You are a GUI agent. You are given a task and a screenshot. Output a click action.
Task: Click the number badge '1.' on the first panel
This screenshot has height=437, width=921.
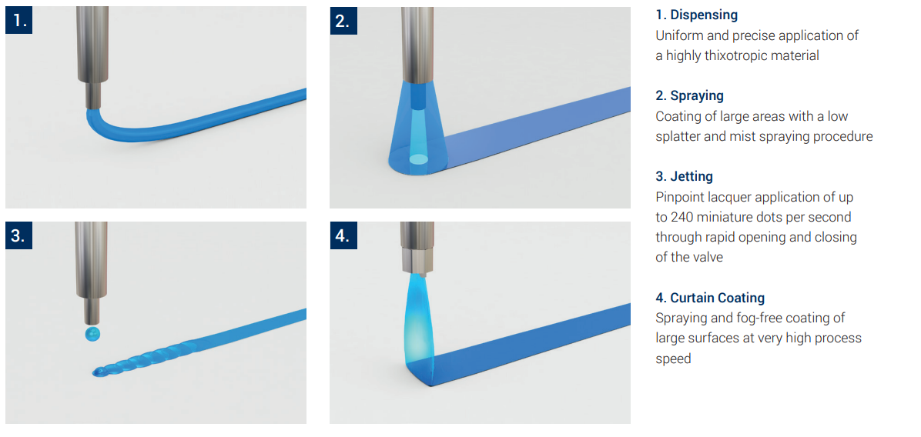19,21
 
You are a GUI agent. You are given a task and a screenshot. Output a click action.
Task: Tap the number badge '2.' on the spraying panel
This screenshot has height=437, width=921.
343,21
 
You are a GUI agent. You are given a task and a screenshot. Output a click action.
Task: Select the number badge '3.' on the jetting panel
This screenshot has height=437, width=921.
19,235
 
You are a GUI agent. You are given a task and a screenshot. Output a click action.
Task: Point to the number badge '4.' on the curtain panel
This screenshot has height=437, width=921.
343,235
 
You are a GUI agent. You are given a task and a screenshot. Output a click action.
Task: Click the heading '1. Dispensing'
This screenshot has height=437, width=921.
697,15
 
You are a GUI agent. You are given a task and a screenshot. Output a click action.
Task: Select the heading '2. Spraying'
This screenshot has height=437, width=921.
689,95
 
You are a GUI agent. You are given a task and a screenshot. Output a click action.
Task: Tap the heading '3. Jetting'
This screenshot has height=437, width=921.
685,176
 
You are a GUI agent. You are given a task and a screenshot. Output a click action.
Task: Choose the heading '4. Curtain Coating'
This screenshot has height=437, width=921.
710,298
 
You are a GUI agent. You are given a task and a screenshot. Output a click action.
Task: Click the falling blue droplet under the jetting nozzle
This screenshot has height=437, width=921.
92,335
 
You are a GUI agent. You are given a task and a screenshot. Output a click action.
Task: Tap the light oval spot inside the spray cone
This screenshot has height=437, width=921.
417,159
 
